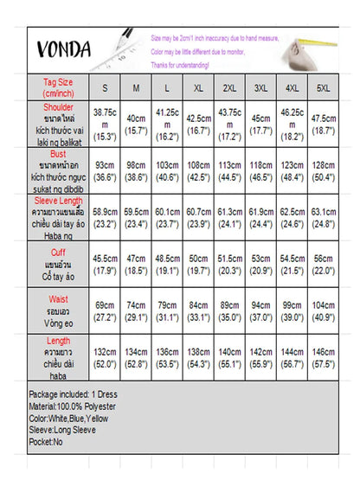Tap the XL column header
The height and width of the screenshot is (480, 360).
tap(199, 88)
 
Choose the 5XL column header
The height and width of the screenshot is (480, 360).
tap(323, 88)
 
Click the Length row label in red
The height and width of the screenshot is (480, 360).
tap(59, 342)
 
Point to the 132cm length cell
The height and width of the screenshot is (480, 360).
tap(105, 359)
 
